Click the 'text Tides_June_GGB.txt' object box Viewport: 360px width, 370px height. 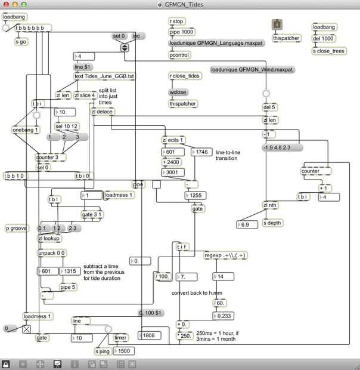point(104,76)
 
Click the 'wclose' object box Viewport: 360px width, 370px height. point(179,93)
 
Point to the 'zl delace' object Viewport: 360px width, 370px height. point(103,112)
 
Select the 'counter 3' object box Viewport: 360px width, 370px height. point(50,158)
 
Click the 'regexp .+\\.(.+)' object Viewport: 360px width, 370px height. point(225,255)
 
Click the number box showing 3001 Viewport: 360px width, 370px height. point(173,172)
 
